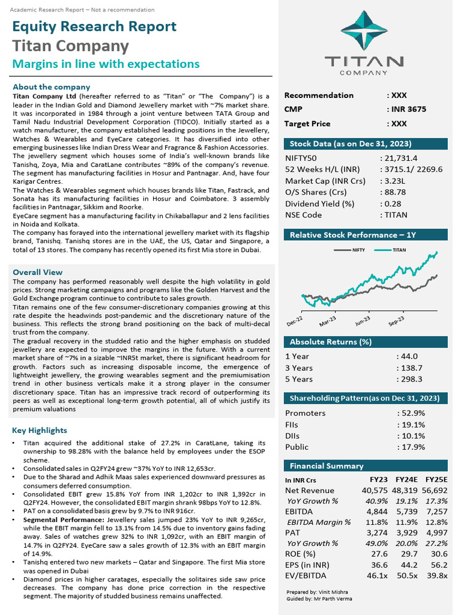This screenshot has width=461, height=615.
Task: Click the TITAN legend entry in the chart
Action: (399, 249)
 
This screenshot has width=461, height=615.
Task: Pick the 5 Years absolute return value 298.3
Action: (412, 379)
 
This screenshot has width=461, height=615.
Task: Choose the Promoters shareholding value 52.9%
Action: (413, 413)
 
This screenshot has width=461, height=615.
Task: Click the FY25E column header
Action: (436, 480)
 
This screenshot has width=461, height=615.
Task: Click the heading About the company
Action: (51, 87)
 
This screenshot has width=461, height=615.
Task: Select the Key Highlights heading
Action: (40, 431)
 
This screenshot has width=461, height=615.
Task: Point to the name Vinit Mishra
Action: (331, 592)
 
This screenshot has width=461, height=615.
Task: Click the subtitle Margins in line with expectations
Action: (106, 64)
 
